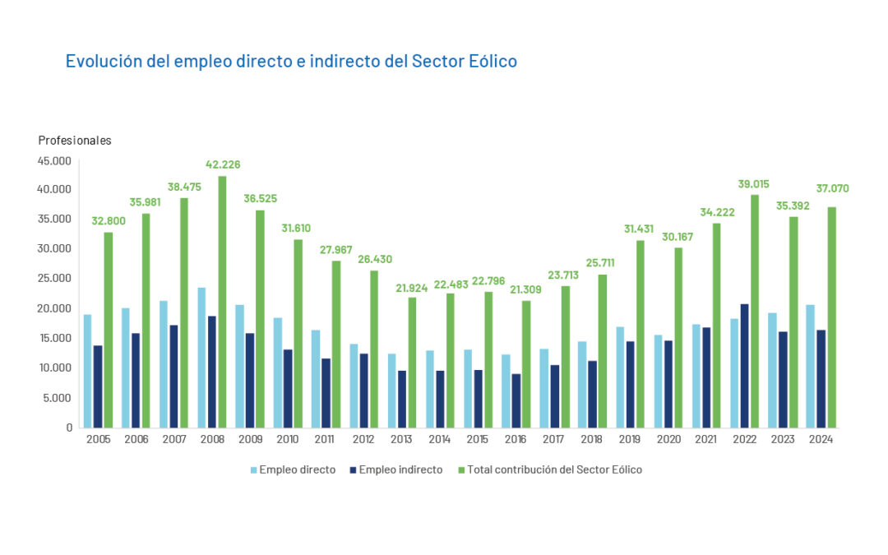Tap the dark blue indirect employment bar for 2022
point(744,366)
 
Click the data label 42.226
point(222,164)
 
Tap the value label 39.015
point(754,184)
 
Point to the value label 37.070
point(831,188)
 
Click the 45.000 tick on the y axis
point(56,160)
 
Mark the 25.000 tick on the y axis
point(56,278)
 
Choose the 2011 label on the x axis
point(326,439)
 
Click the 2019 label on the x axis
point(631,439)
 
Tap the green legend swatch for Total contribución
point(461,469)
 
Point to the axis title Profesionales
point(75,141)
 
